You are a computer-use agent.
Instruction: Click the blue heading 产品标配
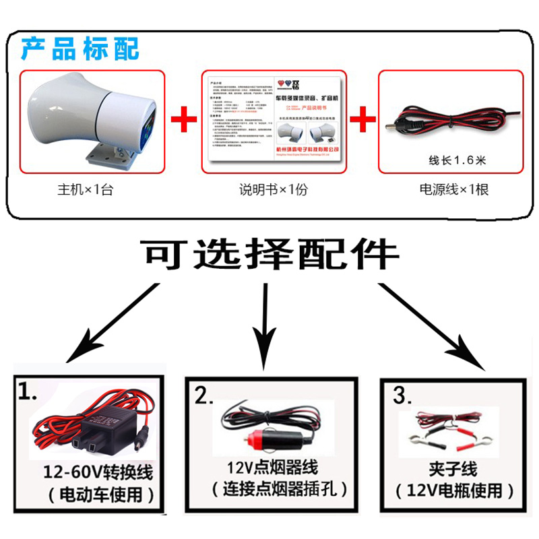pyautogui.click(x=79, y=49)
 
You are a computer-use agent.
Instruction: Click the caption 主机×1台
pyautogui.click(x=85, y=189)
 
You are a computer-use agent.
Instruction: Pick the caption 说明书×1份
pyautogui.click(x=273, y=189)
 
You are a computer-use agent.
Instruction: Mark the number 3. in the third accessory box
pyautogui.click(x=401, y=395)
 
